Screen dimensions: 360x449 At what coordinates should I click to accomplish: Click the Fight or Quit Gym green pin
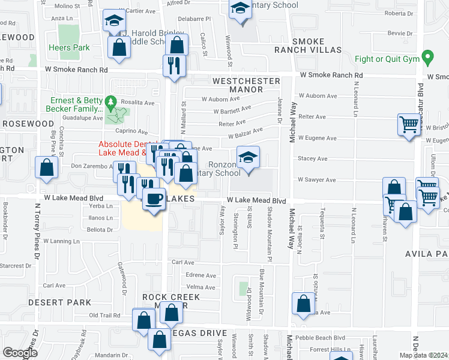tap(427, 59)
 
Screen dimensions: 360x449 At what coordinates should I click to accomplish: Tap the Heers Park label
tap(69, 48)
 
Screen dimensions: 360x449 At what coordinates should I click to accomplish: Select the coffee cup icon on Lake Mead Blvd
tap(154, 199)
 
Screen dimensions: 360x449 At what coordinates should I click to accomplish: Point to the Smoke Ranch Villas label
tap(316, 46)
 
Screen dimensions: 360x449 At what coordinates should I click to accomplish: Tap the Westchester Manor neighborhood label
tap(246, 85)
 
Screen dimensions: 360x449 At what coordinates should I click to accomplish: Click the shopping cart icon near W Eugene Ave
tap(409, 125)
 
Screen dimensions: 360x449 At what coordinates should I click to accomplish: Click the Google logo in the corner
tap(20, 352)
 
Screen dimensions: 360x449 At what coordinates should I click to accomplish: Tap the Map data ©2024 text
tap(423, 355)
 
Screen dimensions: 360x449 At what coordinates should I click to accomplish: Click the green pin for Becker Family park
tap(110, 103)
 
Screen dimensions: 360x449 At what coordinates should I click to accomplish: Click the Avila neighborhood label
tap(426, 254)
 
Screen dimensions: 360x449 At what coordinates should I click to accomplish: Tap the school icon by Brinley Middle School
tap(113, 21)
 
